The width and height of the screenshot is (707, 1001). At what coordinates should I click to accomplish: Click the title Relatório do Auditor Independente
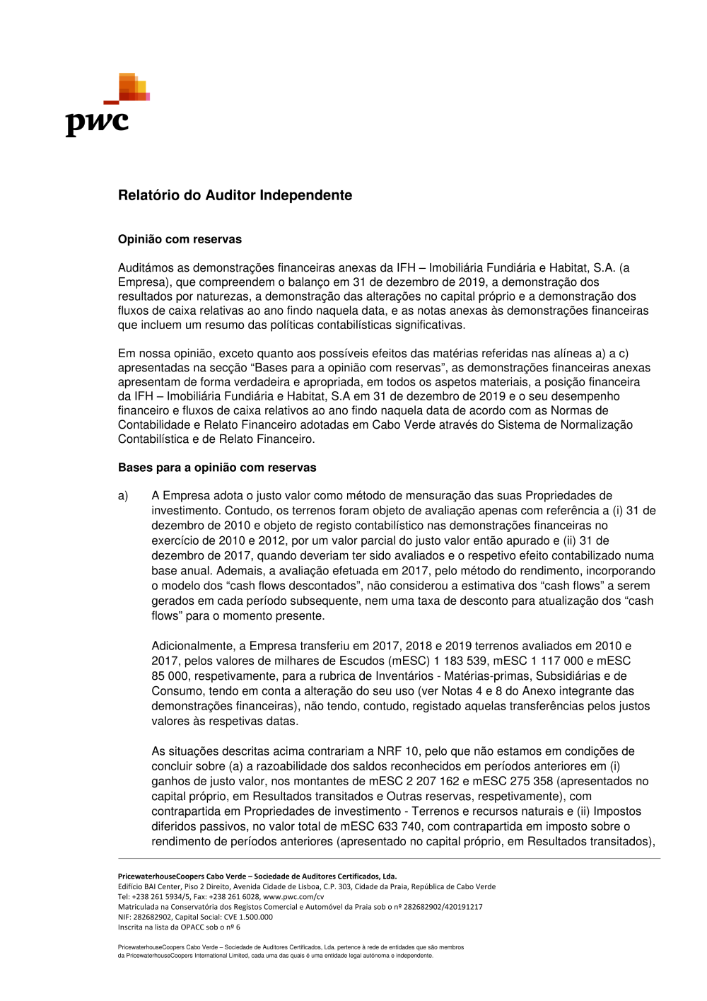click(x=235, y=195)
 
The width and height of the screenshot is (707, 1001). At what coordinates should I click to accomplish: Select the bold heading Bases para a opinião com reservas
click(x=217, y=468)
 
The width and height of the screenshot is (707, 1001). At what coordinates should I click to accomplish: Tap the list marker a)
click(x=123, y=496)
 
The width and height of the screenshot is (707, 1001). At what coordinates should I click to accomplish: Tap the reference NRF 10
click(x=398, y=751)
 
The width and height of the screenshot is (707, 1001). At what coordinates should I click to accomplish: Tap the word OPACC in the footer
click(x=195, y=927)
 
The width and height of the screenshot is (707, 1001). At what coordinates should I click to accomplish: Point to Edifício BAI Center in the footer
click(x=149, y=887)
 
